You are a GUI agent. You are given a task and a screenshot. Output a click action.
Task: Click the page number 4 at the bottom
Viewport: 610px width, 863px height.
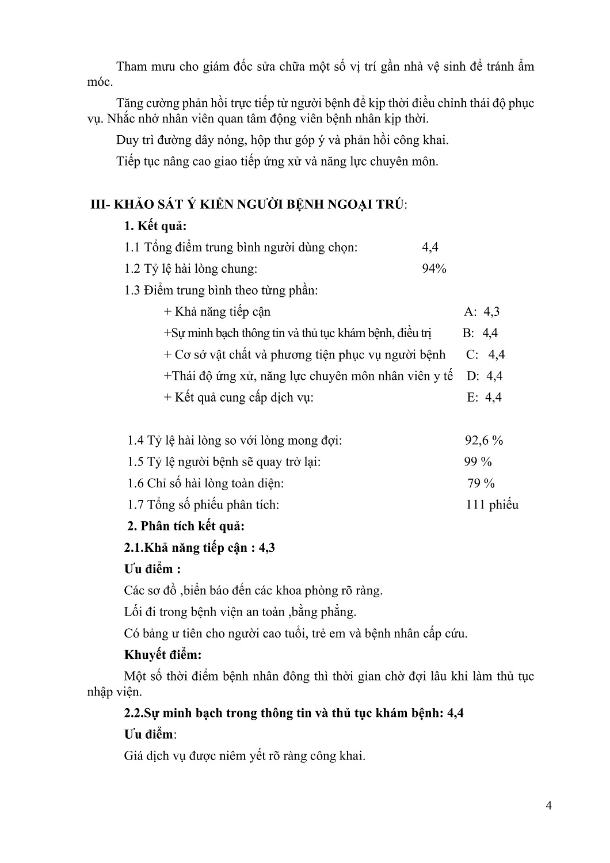[548, 805]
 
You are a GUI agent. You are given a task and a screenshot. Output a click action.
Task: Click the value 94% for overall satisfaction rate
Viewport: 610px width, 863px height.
[434, 269]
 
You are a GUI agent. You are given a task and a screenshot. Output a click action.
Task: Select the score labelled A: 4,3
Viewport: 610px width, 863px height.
[482, 312]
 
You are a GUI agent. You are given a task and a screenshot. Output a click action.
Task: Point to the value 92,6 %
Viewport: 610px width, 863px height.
[484, 441]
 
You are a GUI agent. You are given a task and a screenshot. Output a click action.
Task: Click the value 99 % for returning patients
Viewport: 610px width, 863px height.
[478, 462]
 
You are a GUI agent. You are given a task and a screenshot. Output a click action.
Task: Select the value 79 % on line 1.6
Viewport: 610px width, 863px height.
[481, 483]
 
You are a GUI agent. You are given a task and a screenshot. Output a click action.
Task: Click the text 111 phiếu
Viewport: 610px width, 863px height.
[492, 505]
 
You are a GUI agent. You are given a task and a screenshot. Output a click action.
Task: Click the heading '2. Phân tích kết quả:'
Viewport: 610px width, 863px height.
[186, 526]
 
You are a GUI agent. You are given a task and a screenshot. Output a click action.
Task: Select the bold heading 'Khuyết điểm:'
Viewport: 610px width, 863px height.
[163, 655]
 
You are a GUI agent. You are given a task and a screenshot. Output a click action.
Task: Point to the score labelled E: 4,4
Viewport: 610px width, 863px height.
[484, 398]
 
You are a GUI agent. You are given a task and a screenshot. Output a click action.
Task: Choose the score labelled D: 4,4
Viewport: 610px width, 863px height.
[485, 376]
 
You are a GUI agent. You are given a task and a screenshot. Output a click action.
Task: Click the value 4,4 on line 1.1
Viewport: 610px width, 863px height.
[430, 247]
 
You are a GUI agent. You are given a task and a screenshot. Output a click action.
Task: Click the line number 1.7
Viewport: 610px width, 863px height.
[135, 505]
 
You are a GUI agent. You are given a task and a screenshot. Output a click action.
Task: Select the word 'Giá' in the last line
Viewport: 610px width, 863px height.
[134, 756]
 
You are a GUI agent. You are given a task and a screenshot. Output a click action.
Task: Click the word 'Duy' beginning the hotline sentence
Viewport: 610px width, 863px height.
[127, 140]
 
